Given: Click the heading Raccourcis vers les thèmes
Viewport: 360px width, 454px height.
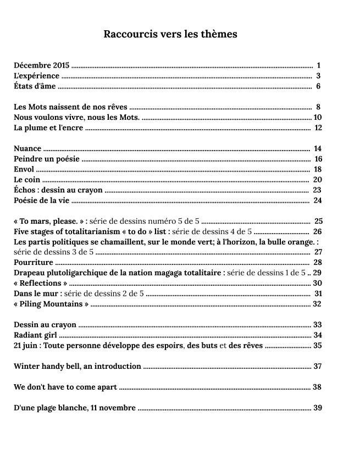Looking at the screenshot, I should pos(170,34).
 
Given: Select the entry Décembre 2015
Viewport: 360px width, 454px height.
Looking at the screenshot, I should pos(42,65).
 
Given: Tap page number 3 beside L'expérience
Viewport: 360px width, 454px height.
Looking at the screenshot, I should pos(318,76).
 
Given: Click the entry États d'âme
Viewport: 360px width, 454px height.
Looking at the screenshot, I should pos(35,86).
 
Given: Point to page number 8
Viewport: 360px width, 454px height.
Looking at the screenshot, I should pos(318,107).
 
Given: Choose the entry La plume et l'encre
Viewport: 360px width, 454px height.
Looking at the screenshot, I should pos(48,128).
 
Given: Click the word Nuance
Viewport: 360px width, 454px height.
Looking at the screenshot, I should pos(27,148).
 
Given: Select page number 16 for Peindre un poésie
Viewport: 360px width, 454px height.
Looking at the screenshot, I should pos(318,159).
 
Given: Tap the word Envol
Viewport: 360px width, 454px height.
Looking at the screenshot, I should pos(24,169).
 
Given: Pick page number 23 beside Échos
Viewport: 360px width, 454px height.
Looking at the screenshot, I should pos(317,190).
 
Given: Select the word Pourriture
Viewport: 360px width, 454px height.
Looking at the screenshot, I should pos(34,263).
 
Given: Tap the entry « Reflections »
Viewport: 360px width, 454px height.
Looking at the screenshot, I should pos(41,284).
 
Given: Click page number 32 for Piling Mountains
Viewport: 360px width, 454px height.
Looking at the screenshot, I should pos(317,304).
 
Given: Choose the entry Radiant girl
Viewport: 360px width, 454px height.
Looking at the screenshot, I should pos(36,335).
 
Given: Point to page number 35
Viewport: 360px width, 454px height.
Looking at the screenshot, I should pos(317,346).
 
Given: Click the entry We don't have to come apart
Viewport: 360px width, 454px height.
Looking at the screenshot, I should pos(65,387).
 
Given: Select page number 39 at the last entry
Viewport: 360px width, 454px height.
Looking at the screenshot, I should pos(317,408).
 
